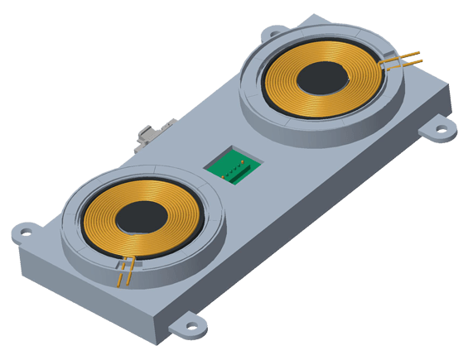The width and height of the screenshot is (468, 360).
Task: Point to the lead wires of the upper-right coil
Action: [x=402, y=59]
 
